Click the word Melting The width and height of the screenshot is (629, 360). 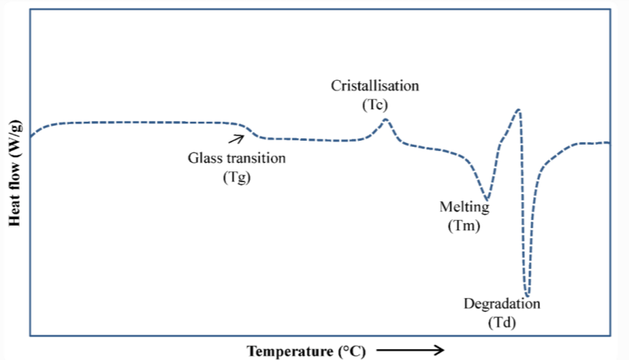pos(464,208)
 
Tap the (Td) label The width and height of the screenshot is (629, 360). pos(503,322)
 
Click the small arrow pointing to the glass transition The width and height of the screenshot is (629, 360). pos(235,139)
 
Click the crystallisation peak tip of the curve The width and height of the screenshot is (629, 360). pos(385,119)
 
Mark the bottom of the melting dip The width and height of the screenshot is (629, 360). pos(487,200)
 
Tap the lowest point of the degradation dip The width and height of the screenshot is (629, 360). pos(527,295)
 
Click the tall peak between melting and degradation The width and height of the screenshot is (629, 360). pos(518,109)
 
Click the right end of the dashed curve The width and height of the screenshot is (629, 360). pos(609,142)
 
